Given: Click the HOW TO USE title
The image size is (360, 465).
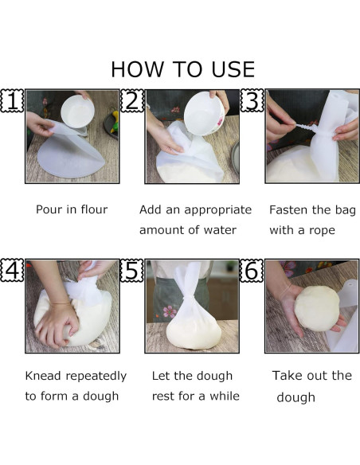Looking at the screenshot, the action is tap(183, 69).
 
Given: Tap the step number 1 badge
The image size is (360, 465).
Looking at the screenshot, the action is tap(12, 100).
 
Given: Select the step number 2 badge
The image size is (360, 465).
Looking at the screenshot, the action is tap(132, 100).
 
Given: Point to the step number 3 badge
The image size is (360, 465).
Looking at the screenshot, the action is tap(252, 100).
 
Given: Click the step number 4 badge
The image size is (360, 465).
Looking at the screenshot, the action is tap(12, 270).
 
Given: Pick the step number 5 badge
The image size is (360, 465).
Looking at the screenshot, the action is tap(132, 270).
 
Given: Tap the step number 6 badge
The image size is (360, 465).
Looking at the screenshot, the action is tap(252, 270).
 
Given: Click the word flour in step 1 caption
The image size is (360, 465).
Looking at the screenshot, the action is tap(94, 209).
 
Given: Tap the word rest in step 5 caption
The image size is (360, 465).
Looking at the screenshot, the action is tap(162, 397).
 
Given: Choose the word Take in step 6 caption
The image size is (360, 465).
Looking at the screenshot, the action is tap(286, 376).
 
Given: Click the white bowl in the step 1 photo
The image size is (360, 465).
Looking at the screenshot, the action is tap(78, 111).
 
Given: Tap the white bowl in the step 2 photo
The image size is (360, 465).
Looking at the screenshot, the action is tap(205, 113).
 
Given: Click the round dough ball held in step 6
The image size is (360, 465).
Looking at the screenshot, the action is tap(317, 308).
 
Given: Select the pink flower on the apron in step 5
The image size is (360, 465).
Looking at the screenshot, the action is tap(170, 311).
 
